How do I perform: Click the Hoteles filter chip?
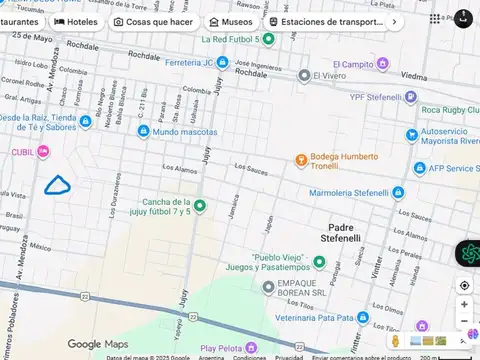pos(76,21)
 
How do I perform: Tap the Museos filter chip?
pos(230,21)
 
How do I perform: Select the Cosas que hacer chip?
pos(153,21)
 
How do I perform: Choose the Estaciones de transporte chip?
pos(326,21)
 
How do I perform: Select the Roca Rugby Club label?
pos(449,109)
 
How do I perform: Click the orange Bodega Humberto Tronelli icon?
pos(300,160)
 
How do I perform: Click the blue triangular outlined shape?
pos(58,184)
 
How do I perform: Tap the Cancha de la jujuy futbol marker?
pos(199,206)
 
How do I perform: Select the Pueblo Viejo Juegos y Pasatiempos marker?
pos(319,262)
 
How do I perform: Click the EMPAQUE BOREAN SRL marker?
pos(268,287)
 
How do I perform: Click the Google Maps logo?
pos(97,344)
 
